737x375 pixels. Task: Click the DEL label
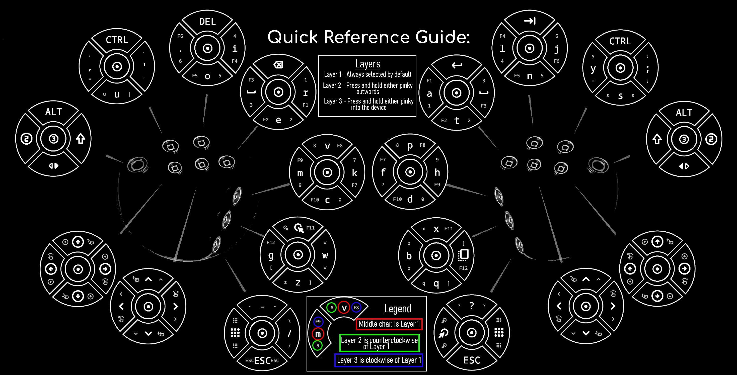[x=207, y=22]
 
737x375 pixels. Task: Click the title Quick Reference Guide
[x=369, y=37]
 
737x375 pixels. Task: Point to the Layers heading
[x=368, y=64]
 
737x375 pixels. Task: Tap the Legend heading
[x=398, y=309]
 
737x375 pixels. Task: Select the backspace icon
[x=278, y=65]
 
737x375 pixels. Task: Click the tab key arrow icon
[x=530, y=21]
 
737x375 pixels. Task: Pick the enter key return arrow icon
[x=457, y=65]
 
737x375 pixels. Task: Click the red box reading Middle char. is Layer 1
[x=389, y=324]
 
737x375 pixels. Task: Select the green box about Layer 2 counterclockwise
[x=379, y=343]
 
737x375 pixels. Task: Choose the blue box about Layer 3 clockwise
[x=379, y=360]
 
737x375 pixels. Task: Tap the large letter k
[x=354, y=173]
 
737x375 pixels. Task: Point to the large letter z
[x=298, y=283]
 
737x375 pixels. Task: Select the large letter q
[x=436, y=283]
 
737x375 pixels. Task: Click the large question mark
[x=472, y=306]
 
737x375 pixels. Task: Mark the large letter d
[x=410, y=199]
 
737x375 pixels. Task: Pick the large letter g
[x=271, y=255]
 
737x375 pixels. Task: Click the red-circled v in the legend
[x=344, y=308]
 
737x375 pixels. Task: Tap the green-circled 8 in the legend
[x=332, y=308]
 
